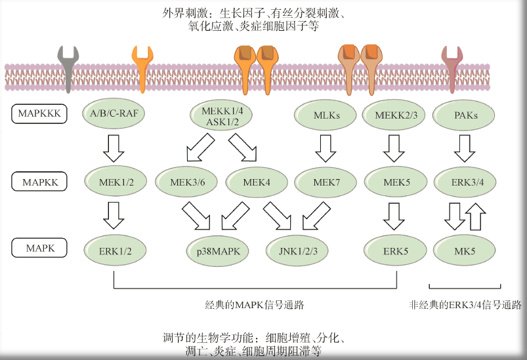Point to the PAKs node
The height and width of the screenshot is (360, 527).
click(x=465, y=115)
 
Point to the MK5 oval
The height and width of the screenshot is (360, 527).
click(x=465, y=250)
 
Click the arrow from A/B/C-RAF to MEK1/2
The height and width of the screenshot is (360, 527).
click(x=114, y=148)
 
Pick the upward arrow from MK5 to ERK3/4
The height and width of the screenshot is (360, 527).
click(x=476, y=216)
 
